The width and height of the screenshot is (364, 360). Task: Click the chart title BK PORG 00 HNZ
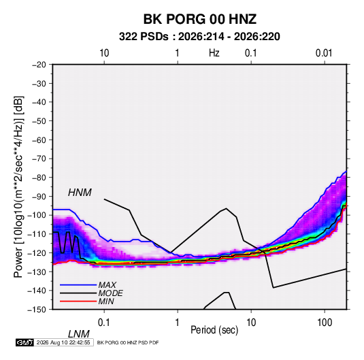coord(200,19)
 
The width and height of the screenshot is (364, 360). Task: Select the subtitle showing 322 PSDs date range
coord(199,37)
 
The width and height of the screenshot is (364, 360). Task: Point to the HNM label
coord(80,193)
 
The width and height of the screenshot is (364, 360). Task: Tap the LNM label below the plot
coord(79,334)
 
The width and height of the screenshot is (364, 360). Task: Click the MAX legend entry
coord(107,284)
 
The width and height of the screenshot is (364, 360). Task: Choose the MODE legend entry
coord(110,293)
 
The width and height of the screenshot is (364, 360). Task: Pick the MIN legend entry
coord(106,301)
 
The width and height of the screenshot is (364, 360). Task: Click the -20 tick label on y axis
coord(39,65)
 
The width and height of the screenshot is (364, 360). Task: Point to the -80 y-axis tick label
coord(39,178)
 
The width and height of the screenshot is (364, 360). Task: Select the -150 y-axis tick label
coord(37,310)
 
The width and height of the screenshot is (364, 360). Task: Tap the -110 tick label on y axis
coord(37,234)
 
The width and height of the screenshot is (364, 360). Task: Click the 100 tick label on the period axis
coord(325,323)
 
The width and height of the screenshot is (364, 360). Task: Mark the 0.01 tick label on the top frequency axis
coord(324,53)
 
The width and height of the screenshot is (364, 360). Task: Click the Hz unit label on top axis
coord(214,53)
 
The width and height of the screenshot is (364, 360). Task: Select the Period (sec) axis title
coord(214,330)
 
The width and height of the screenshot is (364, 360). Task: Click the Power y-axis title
coord(18,187)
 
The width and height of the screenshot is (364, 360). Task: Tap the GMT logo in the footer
coord(24,342)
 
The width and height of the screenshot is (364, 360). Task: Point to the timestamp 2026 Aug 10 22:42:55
coord(63,342)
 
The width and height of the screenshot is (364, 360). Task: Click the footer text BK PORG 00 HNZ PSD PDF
coord(128,342)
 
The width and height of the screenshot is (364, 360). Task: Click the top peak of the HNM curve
coord(226,208)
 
